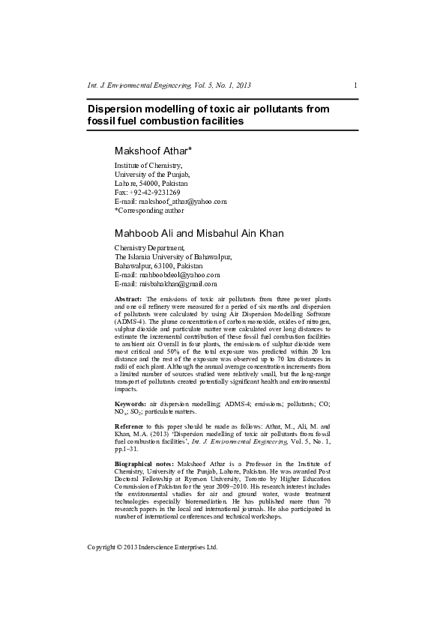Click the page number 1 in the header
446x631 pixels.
(355, 85)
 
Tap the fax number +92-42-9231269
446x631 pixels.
(156, 193)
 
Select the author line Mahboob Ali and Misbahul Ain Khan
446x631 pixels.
(199, 233)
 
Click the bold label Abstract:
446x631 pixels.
(127, 298)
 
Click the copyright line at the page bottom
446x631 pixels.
(152, 547)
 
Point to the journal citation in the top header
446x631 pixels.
(169, 85)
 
